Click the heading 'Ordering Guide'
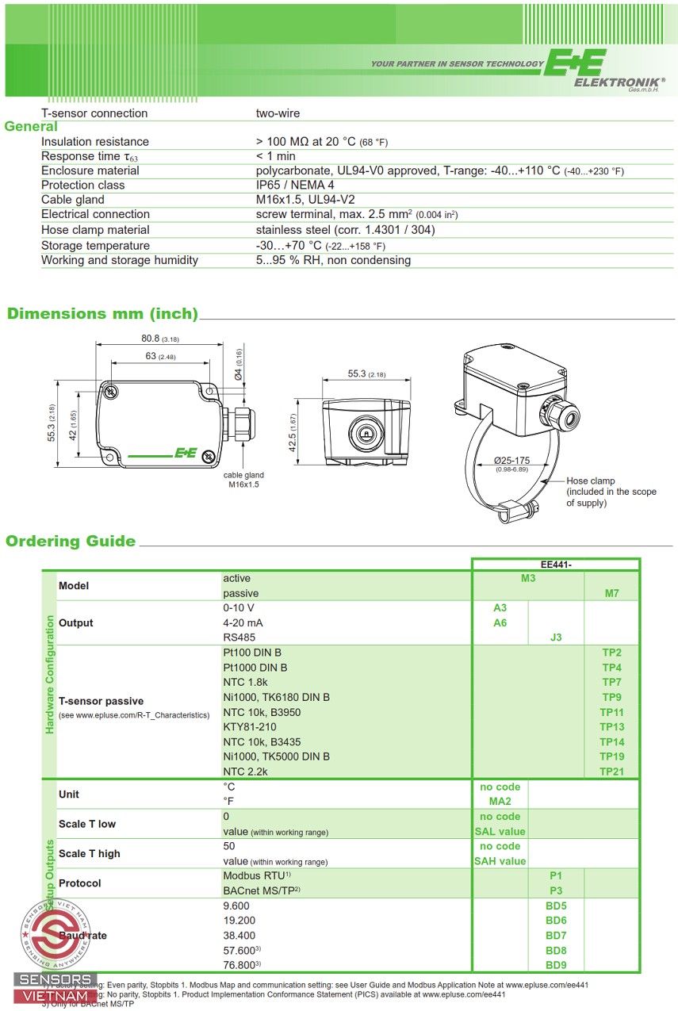[x=71, y=542]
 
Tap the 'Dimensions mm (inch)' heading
[x=102, y=313]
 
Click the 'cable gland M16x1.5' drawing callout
[x=243, y=480]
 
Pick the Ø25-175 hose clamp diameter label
[x=511, y=461]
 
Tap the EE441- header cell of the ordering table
[x=556, y=564]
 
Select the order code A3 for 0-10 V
[x=500, y=607]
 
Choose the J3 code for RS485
[x=556, y=638]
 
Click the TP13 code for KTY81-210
[x=611, y=727]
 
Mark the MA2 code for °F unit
[x=500, y=802]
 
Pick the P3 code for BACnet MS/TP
[x=556, y=890]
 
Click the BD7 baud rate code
[x=556, y=936]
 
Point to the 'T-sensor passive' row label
[x=101, y=701]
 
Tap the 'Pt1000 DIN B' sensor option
[x=255, y=668]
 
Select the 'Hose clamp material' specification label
[x=95, y=230]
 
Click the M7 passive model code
[x=611, y=593]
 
